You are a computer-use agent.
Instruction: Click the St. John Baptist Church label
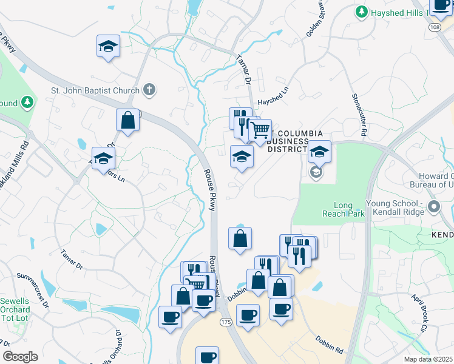tap(95, 91)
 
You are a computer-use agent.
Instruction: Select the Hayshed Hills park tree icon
tap(362, 12)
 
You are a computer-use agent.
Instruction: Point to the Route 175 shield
tap(225, 322)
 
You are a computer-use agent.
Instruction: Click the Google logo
tap(20, 357)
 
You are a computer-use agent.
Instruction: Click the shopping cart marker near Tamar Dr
tap(260, 130)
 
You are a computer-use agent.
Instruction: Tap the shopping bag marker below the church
tap(128, 120)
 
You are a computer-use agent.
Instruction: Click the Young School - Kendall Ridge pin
tap(433, 207)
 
